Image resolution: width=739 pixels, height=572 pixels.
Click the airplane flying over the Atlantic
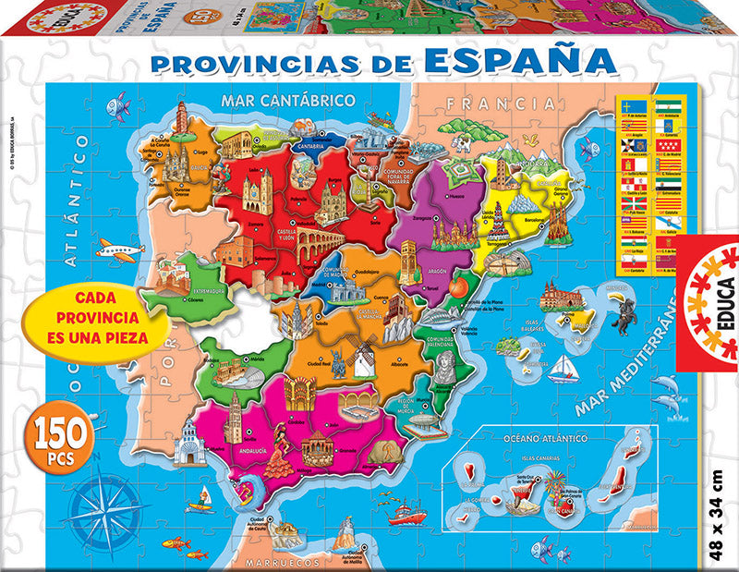(118, 249)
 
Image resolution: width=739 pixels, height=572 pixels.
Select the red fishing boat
(406, 510)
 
